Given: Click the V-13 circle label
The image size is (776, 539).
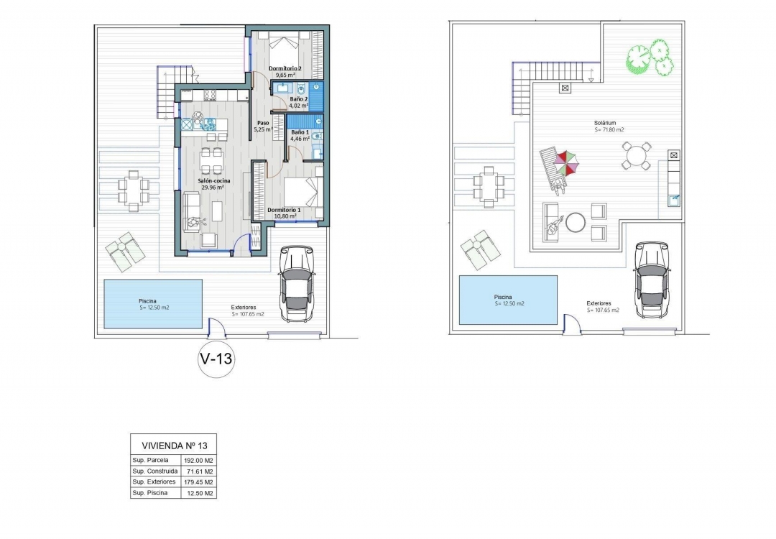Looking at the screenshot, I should (x=216, y=359).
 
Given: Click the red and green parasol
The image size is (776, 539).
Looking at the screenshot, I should (x=568, y=163).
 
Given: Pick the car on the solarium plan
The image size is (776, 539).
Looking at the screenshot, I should (x=651, y=280).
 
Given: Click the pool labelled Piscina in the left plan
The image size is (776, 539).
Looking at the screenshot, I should (x=152, y=303).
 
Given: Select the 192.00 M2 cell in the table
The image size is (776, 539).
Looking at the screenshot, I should (x=199, y=460).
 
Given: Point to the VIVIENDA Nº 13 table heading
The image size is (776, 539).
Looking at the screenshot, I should (x=172, y=444).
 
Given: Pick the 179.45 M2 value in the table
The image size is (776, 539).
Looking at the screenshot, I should (x=199, y=482).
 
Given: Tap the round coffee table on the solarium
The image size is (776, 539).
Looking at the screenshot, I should (x=575, y=222).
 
